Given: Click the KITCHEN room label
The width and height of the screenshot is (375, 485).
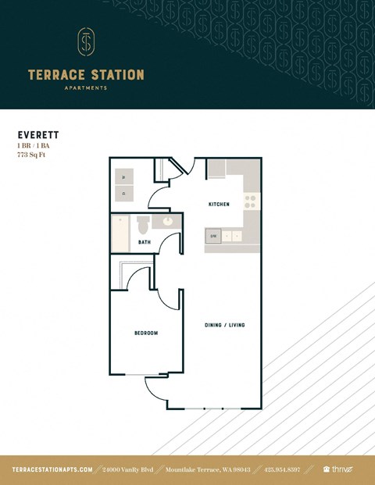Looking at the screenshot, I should coord(219,205).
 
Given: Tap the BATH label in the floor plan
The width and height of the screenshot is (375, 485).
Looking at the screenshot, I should coord(145,243).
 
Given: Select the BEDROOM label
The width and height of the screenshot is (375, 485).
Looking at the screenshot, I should coord(146,333).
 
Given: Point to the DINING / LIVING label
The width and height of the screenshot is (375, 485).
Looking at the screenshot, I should coord(225,325).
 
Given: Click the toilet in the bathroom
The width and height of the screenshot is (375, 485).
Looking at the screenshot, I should coord(143,226).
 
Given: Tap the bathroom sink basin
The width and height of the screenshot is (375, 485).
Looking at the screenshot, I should coord(167,223).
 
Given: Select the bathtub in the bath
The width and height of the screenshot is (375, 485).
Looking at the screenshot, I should coord(120,233).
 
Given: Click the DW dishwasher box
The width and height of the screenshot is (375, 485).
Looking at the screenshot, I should coord(212,235).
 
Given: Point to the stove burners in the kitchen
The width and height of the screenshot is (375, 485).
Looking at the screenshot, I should coord(251,203).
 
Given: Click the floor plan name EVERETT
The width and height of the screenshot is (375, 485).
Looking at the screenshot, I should coord(37,135).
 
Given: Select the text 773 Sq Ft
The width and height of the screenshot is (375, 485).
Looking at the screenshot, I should coord(34,155).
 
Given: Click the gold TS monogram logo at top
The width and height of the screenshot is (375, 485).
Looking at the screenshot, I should coord(86,43).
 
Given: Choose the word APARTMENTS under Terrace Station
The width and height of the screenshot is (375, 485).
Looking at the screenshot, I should coord(86,88).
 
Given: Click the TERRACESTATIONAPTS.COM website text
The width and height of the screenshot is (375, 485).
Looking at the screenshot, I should coord(52,469).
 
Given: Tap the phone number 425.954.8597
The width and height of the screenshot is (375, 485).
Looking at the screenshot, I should coord(282,469).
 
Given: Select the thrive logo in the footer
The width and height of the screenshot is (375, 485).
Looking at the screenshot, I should coord(338,469).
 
